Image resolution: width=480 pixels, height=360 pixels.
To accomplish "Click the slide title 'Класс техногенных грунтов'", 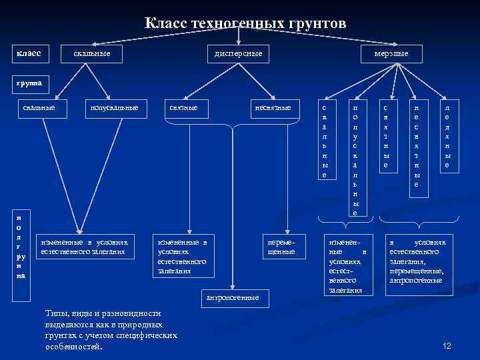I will point(245,24).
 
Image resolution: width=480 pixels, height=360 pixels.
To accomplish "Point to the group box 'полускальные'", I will point(113,107).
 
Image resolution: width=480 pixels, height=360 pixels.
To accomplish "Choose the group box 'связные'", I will point(183,107).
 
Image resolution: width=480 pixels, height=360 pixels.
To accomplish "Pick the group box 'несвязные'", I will point(273,107).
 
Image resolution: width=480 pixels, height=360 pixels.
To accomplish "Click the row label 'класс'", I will point(29,52).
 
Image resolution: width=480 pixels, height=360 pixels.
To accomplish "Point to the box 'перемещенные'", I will point(281,247).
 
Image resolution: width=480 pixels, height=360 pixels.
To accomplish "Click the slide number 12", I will point(447,345).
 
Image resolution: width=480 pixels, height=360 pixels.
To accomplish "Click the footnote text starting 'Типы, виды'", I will point(111,330).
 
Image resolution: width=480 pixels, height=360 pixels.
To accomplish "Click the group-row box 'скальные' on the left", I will point(39,107).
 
